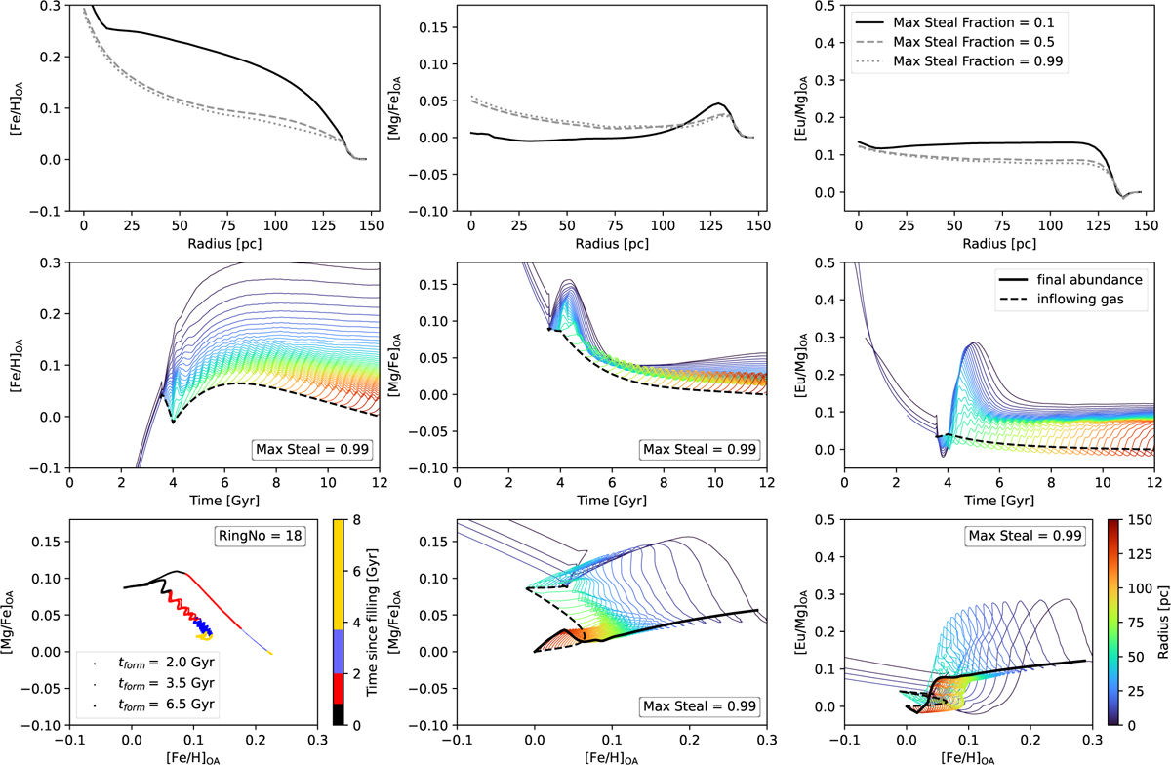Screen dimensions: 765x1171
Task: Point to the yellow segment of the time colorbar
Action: pos(327,576)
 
